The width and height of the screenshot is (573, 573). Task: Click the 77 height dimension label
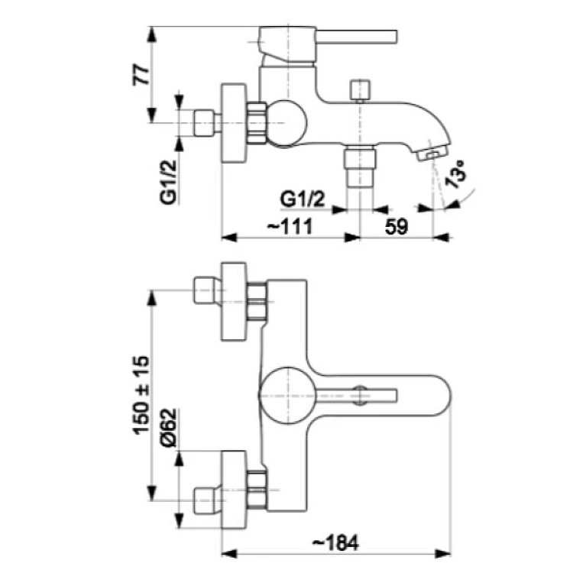point(141,75)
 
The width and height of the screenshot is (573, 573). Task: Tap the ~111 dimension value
point(290,226)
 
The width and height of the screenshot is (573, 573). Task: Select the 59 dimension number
point(397,227)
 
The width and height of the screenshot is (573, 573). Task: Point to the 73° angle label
point(455,174)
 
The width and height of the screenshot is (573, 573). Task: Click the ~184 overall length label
point(335,542)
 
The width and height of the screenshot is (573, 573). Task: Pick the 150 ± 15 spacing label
point(141,395)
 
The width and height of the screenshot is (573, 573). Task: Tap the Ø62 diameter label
point(169,428)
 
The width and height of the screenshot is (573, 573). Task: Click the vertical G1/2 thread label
point(169,182)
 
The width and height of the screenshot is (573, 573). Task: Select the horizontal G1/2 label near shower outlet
point(303,199)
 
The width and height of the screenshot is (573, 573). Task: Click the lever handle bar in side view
point(356,37)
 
